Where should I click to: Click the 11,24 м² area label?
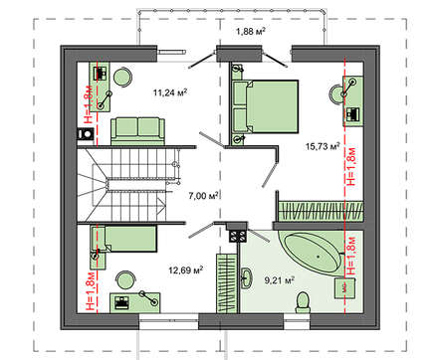(170, 92)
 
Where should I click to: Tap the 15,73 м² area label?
(323, 146)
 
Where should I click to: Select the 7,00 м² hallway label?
(203, 196)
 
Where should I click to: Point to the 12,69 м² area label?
(185, 270)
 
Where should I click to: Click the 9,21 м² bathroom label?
(280, 280)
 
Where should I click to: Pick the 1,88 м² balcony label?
(250, 32)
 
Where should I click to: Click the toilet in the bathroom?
(303, 302)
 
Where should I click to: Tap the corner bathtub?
(312, 254)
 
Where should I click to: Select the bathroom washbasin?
(246, 277)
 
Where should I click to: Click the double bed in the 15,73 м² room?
(266, 106)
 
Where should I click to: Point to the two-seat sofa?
(137, 131)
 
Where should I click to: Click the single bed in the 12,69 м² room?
(123, 239)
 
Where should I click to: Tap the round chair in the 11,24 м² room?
(122, 77)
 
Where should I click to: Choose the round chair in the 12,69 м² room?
(125, 280)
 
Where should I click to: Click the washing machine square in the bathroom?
(344, 287)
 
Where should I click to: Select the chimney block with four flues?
(238, 236)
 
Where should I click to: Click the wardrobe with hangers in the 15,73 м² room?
(321, 211)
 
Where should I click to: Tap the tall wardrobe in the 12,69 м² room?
(227, 282)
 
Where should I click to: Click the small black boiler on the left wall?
(86, 134)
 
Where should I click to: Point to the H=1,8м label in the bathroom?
(351, 256)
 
